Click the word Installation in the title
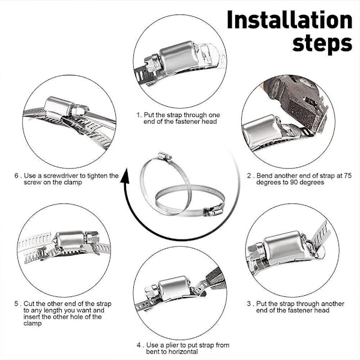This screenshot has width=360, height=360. [x=290, y=20]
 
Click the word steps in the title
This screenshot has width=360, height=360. [x=322, y=43]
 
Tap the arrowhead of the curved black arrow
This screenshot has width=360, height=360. [x=124, y=176]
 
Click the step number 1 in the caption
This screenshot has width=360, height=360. [x=138, y=115]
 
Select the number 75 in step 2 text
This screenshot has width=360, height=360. [x=347, y=176]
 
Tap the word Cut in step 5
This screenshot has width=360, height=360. [x=29, y=304]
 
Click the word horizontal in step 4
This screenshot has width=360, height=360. [x=183, y=352]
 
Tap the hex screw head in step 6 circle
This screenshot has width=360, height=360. [x=80, y=110]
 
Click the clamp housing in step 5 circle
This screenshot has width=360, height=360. [x=70, y=241]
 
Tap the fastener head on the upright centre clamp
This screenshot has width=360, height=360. [x=164, y=157]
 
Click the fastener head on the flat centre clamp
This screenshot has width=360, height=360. [x=213, y=211]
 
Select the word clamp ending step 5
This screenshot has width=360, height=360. [x=32, y=323]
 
